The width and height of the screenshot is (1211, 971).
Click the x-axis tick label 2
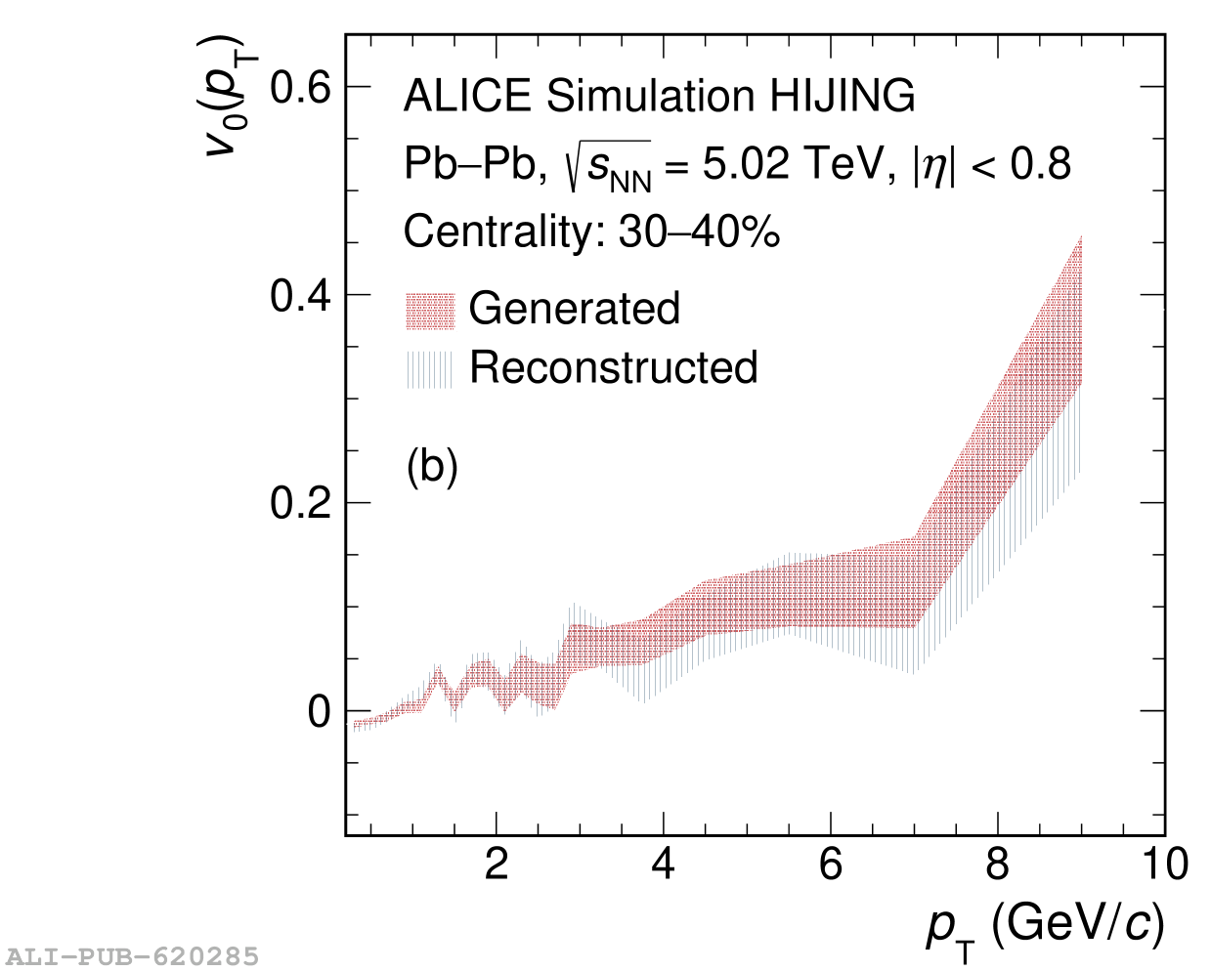click(497, 865)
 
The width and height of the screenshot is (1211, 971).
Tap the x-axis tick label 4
click(664, 865)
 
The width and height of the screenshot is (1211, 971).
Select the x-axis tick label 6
click(831, 865)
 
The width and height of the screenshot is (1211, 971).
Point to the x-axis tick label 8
click(998, 865)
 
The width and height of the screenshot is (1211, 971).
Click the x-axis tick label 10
click(1164, 865)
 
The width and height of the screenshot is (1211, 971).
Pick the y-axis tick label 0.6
click(300, 88)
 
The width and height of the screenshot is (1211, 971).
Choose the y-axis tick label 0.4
click(300, 296)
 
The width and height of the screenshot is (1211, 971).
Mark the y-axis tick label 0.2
click(300, 504)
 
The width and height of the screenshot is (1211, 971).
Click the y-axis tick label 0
click(320, 712)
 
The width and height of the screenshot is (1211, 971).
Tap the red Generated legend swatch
click(430, 311)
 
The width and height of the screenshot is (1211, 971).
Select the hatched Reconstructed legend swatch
click(430, 369)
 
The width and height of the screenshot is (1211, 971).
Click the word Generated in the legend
click(574, 309)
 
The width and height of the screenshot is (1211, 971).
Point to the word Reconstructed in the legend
click(613, 367)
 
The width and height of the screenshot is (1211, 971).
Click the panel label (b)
click(432, 467)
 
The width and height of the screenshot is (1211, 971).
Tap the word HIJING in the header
click(843, 96)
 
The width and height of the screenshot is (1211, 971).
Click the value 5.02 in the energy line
click(745, 163)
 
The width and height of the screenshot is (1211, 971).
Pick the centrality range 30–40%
click(699, 232)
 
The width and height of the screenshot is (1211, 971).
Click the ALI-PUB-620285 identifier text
click(131, 955)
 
